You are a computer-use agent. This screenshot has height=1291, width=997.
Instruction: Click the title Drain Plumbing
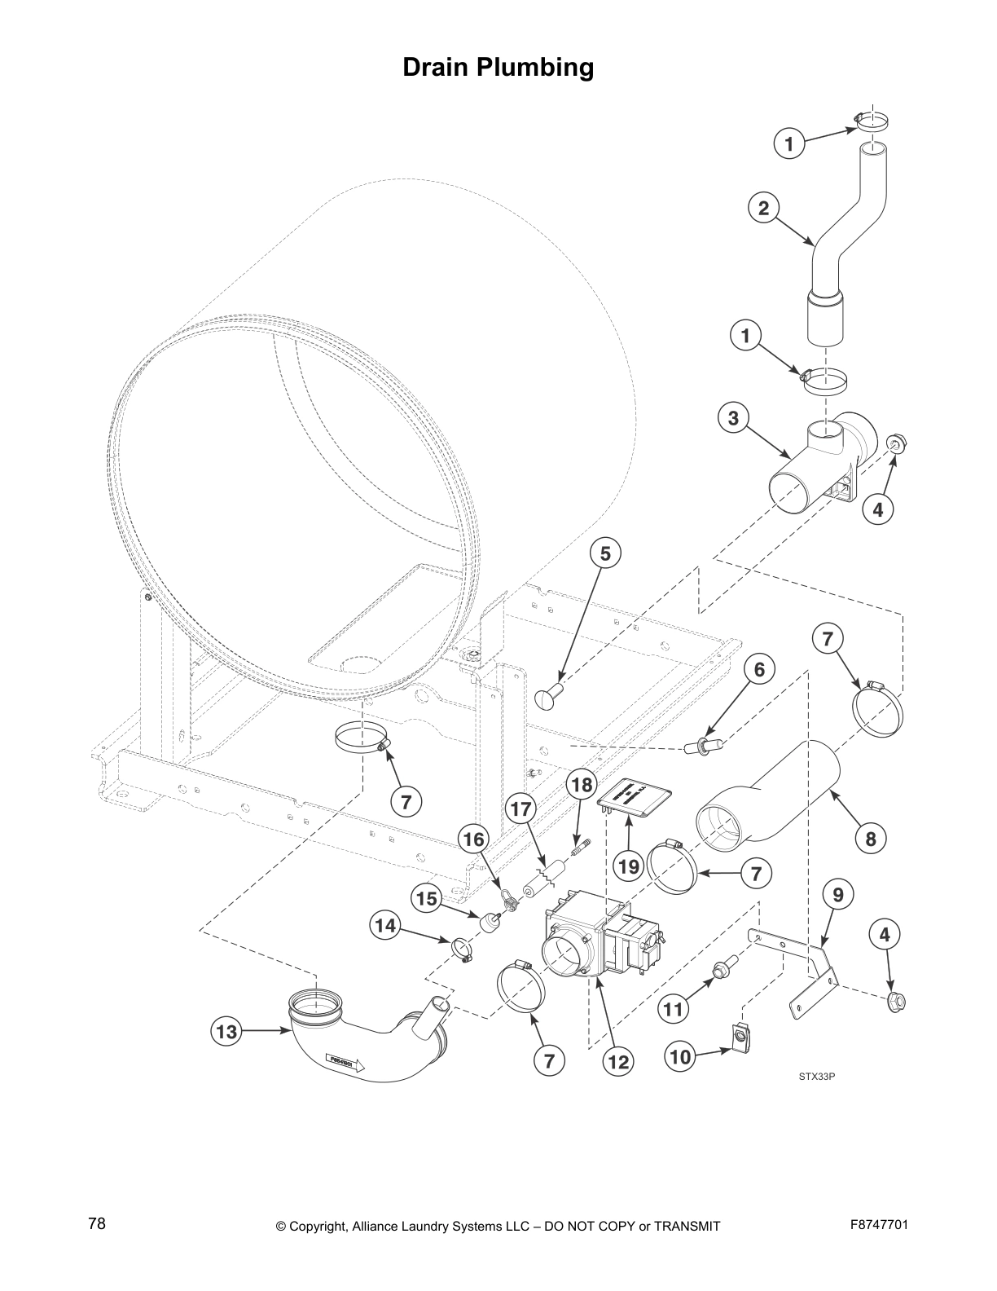tap(498, 67)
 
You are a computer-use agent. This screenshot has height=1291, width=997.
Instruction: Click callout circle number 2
tap(763, 208)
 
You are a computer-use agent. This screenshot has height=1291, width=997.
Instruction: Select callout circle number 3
tap(733, 418)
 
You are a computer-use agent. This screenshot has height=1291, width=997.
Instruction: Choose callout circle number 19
tap(629, 866)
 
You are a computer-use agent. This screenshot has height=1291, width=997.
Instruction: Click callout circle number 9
tap(837, 894)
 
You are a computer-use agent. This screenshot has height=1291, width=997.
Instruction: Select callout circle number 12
tap(618, 1061)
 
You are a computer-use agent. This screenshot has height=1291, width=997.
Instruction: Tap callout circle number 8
tap(871, 838)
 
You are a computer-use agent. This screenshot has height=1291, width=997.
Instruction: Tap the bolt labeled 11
tap(722, 969)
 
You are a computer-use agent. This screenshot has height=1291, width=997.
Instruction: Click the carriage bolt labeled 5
tap(547, 697)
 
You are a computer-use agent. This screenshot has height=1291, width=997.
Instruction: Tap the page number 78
tap(97, 1224)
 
